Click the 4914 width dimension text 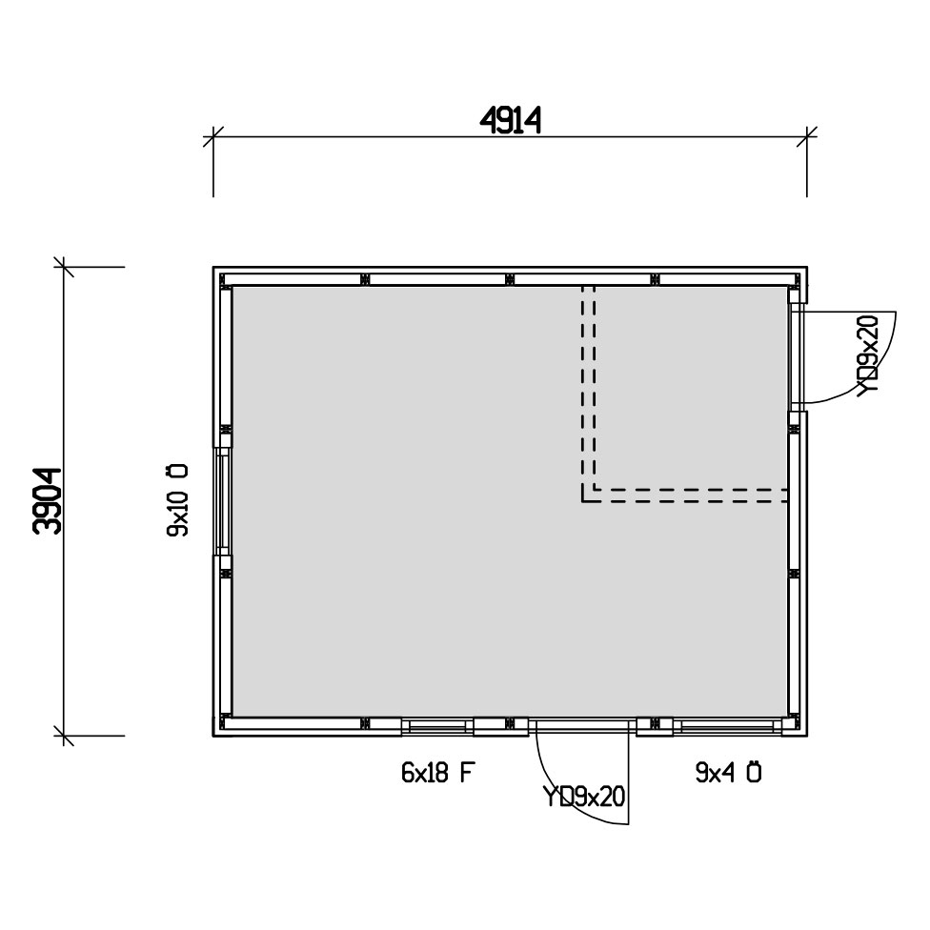click(510, 122)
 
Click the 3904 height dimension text click(48, 501)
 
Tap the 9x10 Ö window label click(177, 500)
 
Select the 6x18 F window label click(438, 773)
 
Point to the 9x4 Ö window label click(728, 772)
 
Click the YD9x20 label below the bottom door click(584, 798)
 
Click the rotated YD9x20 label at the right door click(868, 354)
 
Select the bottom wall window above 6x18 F click(437, 727)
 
